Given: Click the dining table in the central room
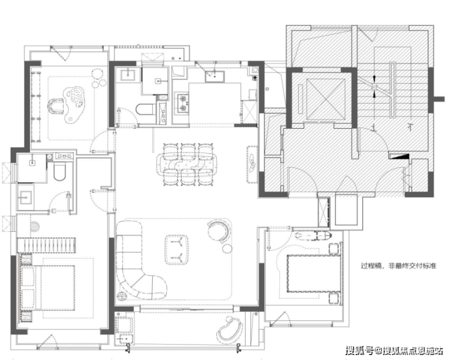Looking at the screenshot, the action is point(188,164).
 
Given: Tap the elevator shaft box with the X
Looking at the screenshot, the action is point(325,99).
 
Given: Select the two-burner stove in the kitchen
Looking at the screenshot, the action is point(182,103).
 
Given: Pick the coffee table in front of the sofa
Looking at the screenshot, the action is point(177,250).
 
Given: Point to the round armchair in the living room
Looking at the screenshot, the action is point(219,231).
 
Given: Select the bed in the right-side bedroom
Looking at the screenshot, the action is point(313,273).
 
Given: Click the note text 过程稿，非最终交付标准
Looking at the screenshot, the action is point(399,266).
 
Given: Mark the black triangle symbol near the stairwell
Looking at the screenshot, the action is point(399,156).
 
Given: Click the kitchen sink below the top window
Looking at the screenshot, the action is point(215,77).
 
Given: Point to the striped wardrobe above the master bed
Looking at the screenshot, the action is point(46,245).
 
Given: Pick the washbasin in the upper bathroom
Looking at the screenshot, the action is point(128,74).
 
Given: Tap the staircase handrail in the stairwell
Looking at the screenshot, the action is point(393,90).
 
